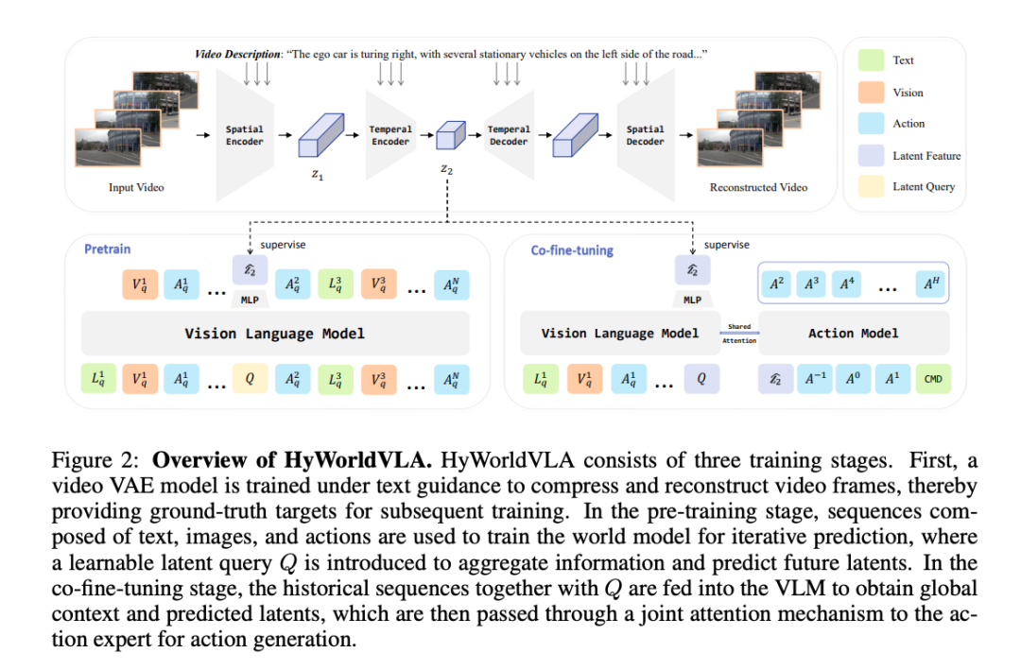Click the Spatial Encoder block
244,135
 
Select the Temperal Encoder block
390,135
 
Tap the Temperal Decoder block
510,135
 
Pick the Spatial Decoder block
646,135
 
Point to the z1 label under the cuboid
317,175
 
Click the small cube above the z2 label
450,135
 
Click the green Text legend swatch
871,60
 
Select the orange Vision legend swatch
871,92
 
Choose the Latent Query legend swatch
871,186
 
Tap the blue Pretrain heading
108,249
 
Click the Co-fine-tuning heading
572,250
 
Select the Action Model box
854,334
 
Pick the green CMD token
933,379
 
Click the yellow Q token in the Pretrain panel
250,379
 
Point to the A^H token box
931,283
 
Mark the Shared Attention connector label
739,334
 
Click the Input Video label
136,187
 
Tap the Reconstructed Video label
758,187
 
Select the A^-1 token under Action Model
815,379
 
